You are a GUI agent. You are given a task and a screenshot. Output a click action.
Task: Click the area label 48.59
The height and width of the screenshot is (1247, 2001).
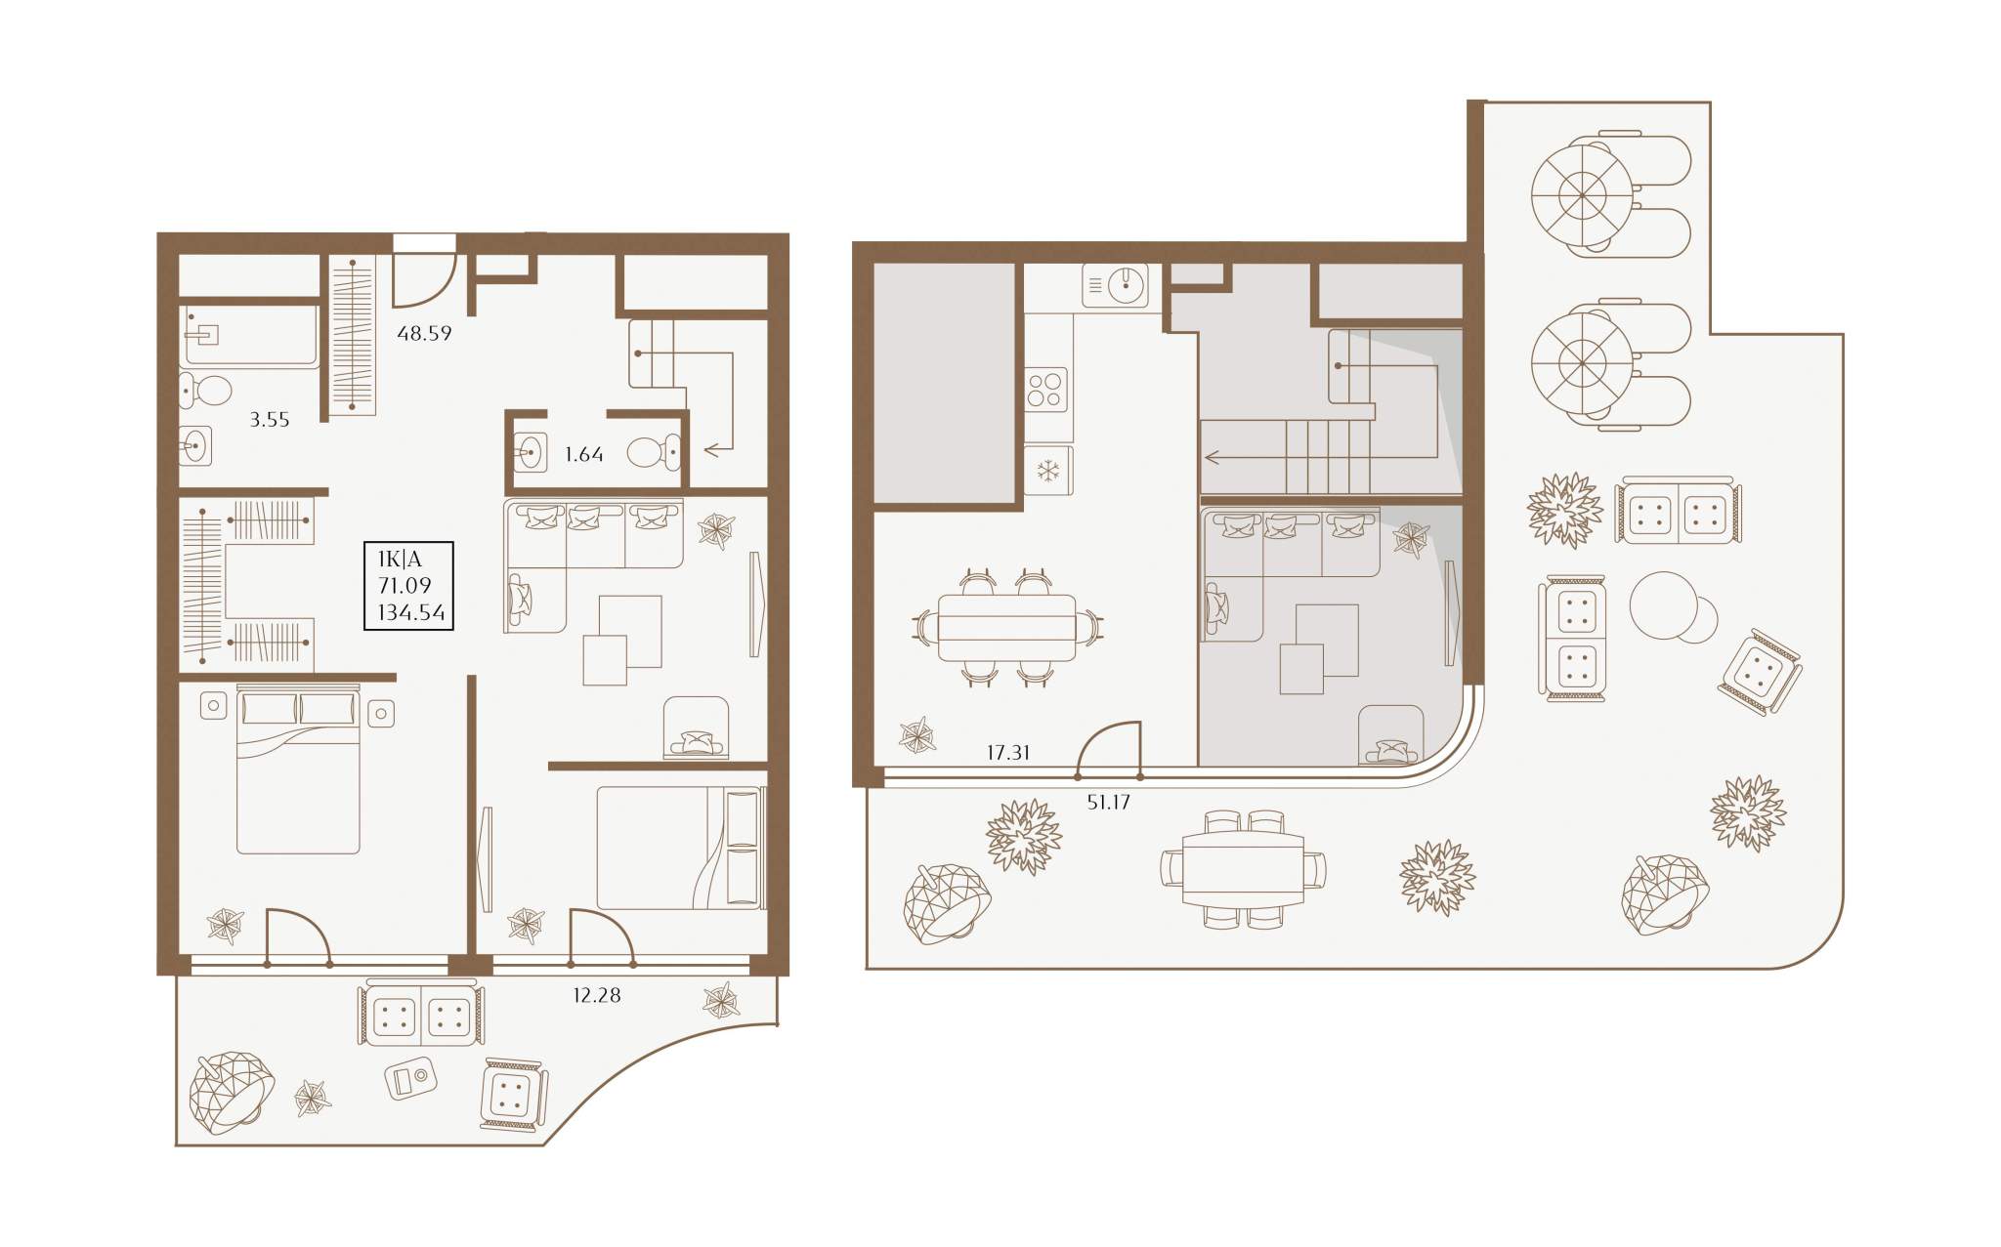tap(424, 333)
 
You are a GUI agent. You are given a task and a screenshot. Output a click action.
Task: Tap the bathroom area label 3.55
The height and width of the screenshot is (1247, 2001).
tap(269, 420)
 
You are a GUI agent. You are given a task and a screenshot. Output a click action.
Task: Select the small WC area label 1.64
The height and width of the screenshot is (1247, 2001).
tap(583, 454)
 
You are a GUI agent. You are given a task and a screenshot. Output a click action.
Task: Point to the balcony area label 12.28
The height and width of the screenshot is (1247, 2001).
tap(596, 995)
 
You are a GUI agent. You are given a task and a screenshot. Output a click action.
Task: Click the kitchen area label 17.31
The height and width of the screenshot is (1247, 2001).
tap(1007, 752)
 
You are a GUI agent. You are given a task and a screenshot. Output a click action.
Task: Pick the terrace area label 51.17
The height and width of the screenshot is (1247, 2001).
tap(1108, 802)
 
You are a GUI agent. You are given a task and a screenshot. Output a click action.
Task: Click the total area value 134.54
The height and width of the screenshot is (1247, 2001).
tap(411, 612)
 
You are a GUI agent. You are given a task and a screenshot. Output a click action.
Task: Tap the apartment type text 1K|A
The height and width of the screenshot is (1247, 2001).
tap(400, 560)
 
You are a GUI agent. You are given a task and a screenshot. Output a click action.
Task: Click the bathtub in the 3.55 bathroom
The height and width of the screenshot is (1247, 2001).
tap(249, 336)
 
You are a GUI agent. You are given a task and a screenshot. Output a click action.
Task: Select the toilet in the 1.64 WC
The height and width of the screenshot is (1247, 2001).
tap(653, 452)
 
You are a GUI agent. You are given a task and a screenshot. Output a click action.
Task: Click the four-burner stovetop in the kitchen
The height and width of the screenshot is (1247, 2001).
tap(1045, 390)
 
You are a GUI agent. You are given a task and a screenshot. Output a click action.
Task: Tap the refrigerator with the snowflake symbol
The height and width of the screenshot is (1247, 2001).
tap(1048, 471)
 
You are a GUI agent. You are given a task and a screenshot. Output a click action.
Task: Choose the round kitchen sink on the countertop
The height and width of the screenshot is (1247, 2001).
tap(1126, 284)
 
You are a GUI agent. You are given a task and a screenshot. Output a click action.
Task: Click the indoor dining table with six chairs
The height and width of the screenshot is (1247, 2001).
tap(1006, 628)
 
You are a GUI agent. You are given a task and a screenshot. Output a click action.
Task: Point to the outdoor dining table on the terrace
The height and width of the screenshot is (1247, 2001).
tap(1243, 868)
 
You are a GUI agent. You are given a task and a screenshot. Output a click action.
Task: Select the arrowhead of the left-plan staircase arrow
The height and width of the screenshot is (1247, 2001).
tap(713, 450)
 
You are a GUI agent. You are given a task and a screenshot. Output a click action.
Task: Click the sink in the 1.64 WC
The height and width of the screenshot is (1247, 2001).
tap(530, 452)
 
